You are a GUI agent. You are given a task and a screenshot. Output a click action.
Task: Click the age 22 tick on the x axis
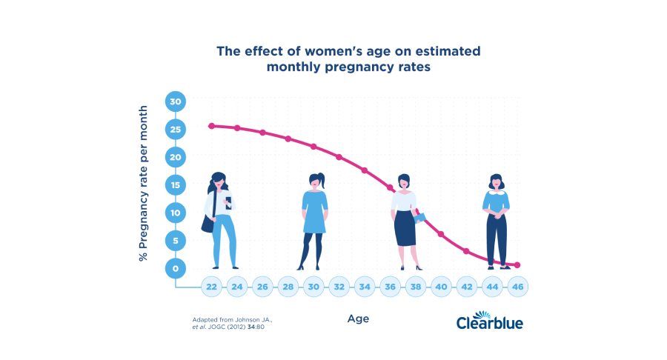pos(212,287)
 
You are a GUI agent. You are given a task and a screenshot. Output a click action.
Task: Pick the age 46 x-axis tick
pos(517,287)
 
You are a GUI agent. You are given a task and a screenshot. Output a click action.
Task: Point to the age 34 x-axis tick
pos(364,287)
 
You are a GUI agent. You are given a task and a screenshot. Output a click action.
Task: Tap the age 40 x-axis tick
pos(440,287)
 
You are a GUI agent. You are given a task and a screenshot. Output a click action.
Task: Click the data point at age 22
pos(211,126)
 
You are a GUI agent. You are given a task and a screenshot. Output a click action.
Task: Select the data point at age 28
pos(288,139)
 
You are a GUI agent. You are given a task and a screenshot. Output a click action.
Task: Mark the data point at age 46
pos(517,264)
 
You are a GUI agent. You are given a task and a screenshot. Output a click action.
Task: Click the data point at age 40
pos(441,234)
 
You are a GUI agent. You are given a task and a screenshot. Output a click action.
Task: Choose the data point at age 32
pos(339,157)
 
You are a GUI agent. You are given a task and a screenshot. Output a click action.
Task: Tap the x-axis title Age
pos(358,319)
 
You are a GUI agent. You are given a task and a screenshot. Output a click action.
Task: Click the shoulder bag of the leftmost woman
pos(208,222)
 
